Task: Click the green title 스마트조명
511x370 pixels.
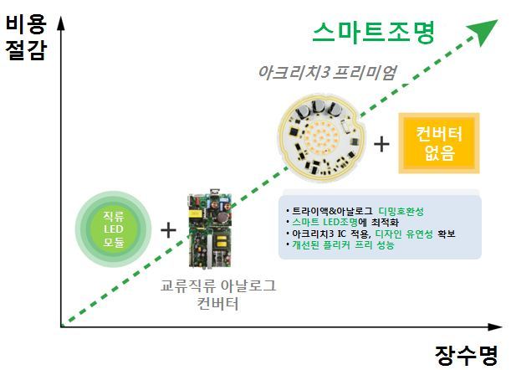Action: (374, 33)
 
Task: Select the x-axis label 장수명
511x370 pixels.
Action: (467, 355)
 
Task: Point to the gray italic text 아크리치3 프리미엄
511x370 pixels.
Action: (327, 73)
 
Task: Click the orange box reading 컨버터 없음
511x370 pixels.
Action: (439, 143)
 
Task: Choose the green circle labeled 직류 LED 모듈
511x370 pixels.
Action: (114, 229)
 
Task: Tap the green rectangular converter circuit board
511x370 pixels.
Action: (210, 229)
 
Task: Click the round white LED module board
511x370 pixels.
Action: (322, 138)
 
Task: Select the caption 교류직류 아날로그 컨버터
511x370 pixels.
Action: (218, 295)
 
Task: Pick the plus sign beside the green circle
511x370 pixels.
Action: (168, 230)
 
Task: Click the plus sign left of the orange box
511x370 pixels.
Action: (381, 144)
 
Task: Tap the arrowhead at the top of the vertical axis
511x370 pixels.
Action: (61, 23)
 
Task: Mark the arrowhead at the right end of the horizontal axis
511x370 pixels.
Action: (495, 326)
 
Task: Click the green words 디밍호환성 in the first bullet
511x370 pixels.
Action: (401, 212)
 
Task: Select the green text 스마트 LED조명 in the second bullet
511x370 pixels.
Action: (324, 223)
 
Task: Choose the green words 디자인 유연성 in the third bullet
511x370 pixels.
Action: (404, 234)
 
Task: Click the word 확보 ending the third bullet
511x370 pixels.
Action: (447, 234)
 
